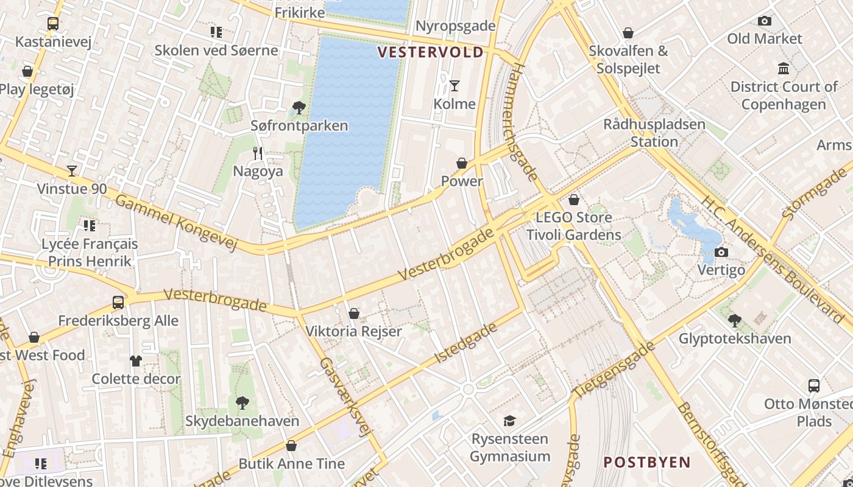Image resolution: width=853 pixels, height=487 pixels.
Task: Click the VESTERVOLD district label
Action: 430,52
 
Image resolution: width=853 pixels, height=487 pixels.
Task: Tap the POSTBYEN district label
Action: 647,462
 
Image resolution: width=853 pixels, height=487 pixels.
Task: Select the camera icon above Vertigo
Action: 721,252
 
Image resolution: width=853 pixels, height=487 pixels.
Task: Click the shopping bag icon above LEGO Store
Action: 573,200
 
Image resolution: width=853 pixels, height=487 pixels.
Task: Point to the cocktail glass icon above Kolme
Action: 454,86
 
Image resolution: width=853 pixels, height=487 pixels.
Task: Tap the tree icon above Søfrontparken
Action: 299,108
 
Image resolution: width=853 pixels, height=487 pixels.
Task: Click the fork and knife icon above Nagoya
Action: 258,153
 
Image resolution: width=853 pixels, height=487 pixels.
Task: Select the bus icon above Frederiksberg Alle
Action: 118,303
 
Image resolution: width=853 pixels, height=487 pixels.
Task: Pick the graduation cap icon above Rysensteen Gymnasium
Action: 509,421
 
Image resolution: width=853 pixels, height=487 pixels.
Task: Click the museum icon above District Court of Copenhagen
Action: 784,68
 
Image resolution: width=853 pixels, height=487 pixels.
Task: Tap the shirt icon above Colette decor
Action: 135,361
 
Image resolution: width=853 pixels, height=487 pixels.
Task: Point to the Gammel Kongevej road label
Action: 175,223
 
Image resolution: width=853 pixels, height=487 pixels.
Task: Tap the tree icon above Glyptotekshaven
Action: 735,320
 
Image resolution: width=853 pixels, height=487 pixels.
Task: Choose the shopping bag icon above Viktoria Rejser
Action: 353,314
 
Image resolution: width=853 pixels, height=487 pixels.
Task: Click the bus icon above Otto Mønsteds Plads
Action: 814,385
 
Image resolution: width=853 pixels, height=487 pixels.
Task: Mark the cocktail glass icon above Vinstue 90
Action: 72,171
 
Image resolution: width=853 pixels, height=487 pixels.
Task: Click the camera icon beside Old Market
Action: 764,21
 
